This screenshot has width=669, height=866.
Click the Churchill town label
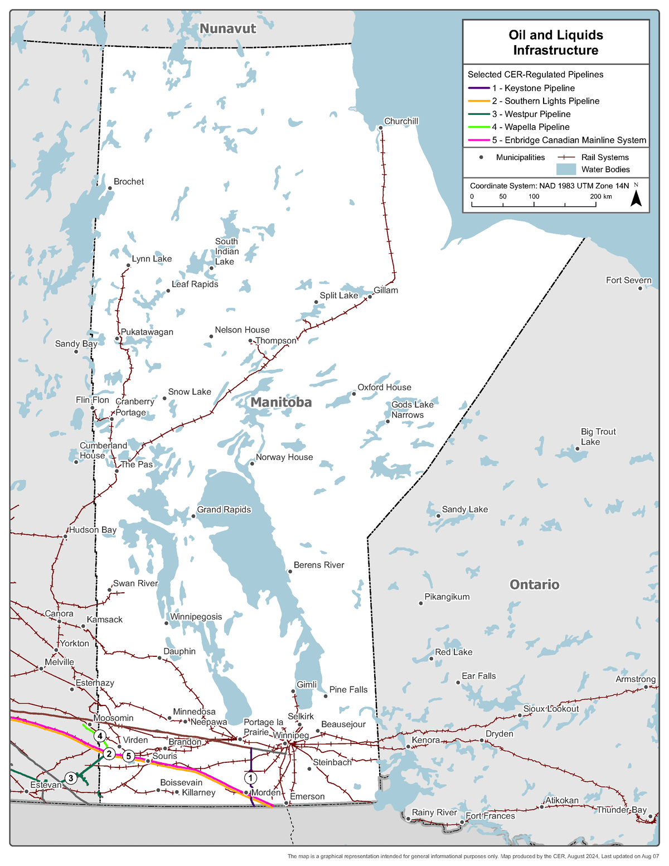401,122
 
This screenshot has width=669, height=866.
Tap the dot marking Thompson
251,341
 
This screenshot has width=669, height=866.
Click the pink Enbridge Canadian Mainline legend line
478,141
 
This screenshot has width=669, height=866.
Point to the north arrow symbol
636,198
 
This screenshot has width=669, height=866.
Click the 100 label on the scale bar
534,196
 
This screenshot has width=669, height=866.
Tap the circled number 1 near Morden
251,777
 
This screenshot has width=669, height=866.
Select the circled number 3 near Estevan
71,778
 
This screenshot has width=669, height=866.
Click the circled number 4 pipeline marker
100,736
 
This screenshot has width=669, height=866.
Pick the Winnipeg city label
290,736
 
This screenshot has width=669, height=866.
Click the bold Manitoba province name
281,402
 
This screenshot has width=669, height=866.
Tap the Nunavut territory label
227,28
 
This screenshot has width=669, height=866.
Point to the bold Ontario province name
534,584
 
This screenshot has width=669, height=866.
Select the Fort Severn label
628,280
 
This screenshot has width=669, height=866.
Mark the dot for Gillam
370,297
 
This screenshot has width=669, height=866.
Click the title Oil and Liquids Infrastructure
556,42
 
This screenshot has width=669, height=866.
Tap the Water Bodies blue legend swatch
566,170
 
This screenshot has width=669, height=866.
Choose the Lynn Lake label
152,259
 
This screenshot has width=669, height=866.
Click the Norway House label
284,457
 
